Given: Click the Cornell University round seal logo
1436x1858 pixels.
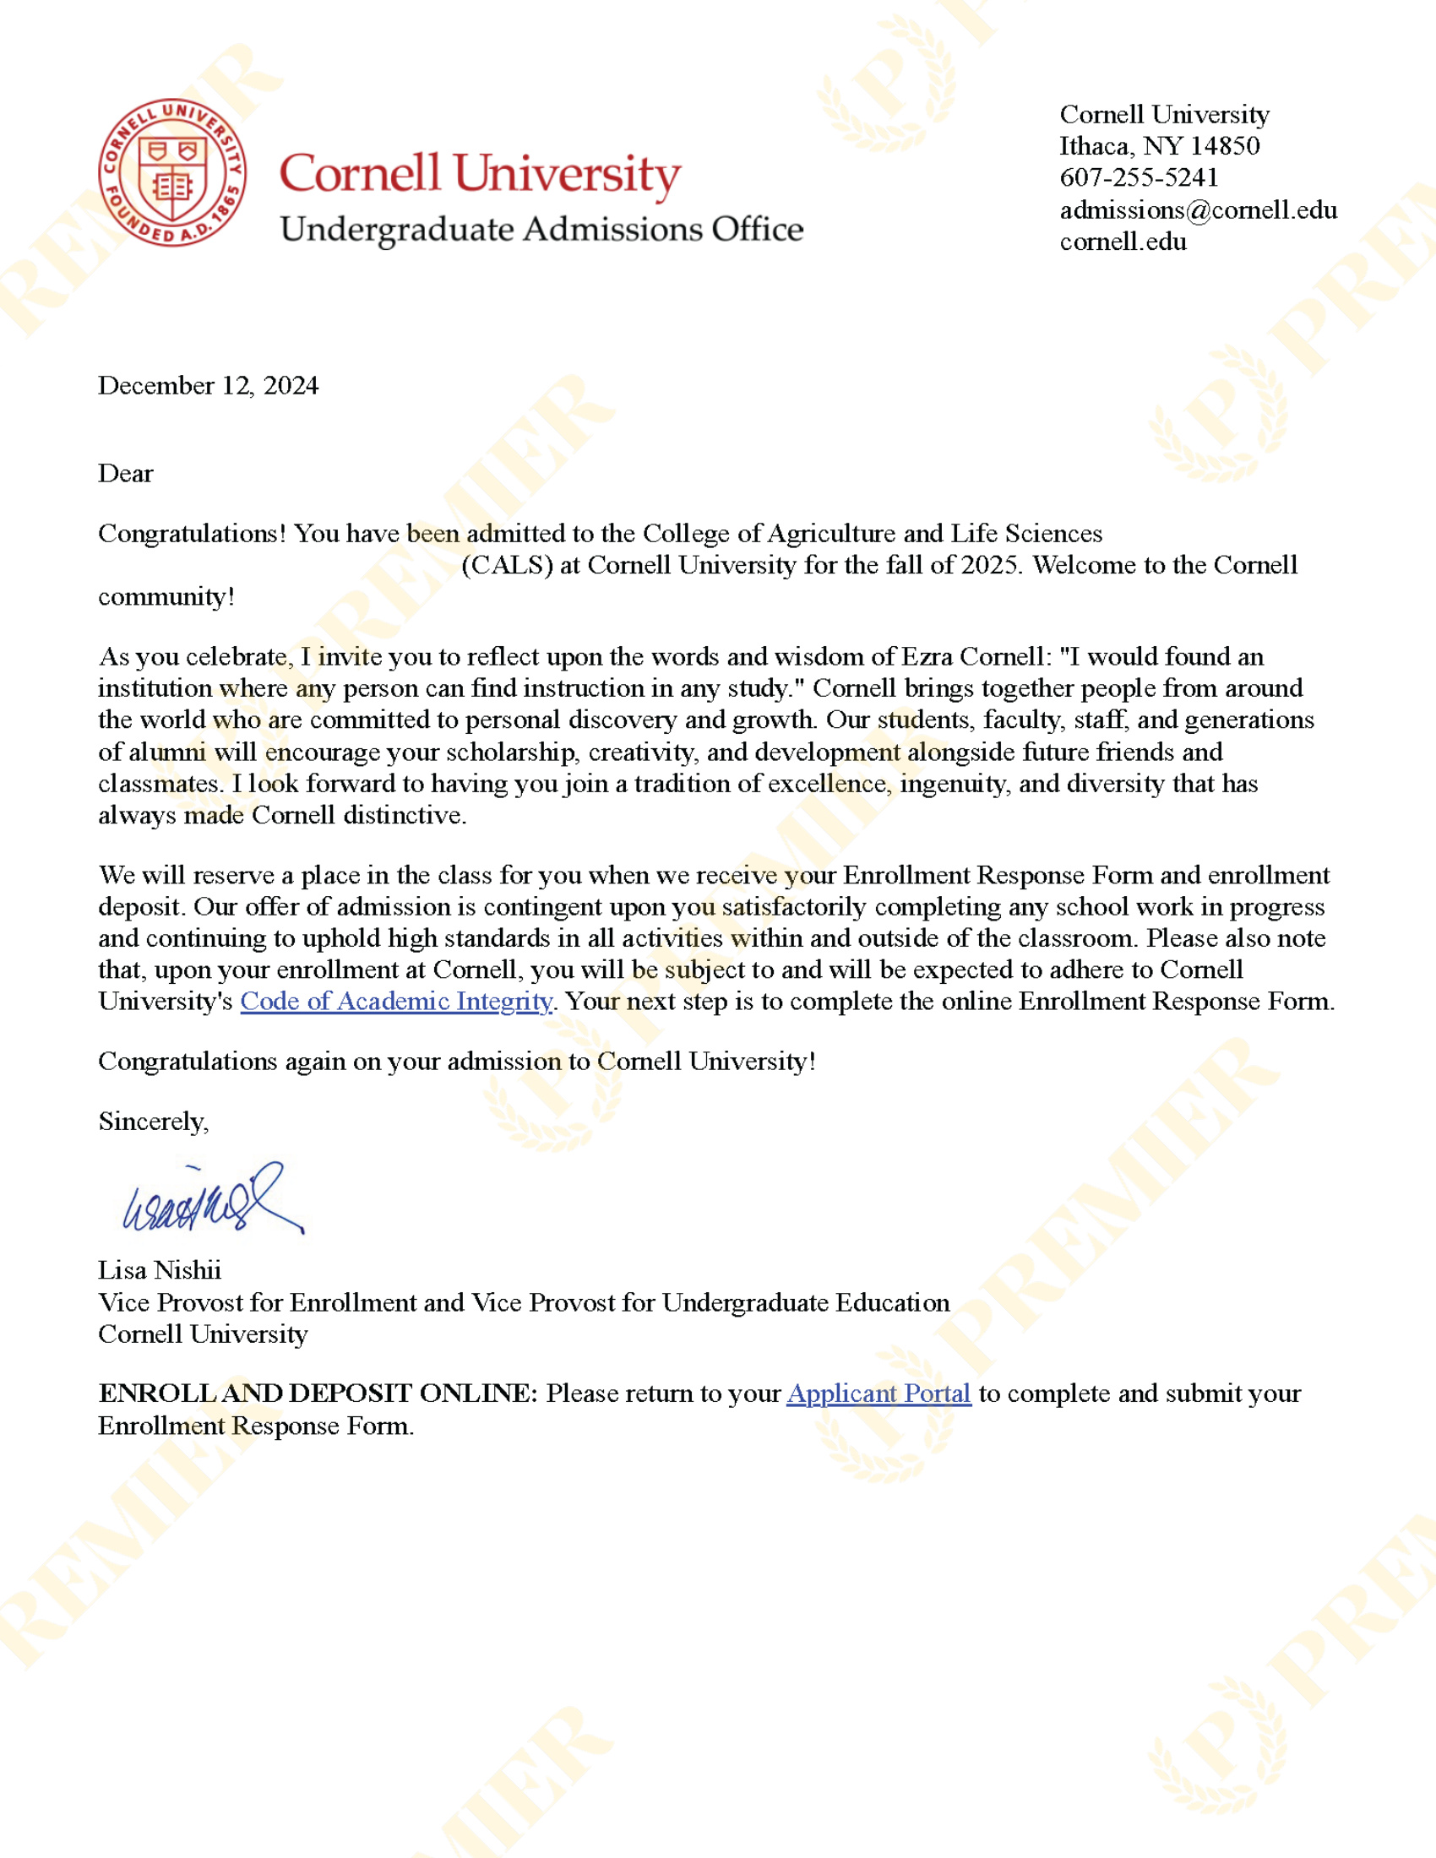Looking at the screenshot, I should [x=172, y=172].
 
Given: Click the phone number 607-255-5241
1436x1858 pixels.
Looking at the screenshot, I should [x=1139, y=178].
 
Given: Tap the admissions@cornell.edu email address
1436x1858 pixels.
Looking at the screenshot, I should [x=1198, y=210].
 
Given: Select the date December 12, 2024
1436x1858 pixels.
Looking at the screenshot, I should [x=209, y=385].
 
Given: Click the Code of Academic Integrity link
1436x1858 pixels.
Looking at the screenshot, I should [x=396, y=1002].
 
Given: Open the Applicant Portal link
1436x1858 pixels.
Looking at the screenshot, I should [x=878, y=1393].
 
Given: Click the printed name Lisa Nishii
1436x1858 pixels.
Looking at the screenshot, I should [x=160, y=1270].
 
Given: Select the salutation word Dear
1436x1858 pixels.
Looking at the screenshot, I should [x=126, y=473].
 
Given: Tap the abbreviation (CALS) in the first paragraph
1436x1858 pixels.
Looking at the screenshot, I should [x=507, y=565].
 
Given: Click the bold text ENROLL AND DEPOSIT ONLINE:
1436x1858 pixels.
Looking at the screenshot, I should [x=318, y=1393].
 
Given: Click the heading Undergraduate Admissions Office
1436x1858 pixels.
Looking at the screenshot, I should [x=541, y=230].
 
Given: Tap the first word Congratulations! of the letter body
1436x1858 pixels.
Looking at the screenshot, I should [x=193, y=534].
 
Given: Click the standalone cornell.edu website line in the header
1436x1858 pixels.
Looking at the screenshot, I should [x=1123, y=242].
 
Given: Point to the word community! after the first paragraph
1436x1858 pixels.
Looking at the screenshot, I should [x=166, y=596].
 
